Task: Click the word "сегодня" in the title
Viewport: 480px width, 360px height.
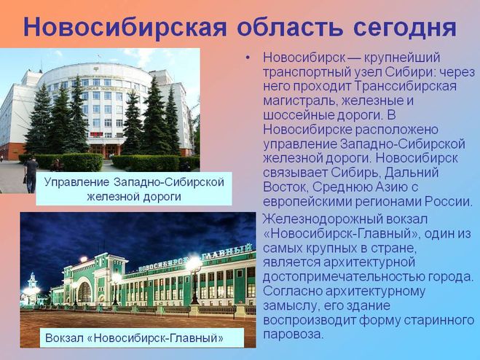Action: click(405, 27)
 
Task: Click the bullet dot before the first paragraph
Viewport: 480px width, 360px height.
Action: click(248, 58)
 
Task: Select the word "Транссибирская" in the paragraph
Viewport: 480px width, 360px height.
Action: click(406, 87)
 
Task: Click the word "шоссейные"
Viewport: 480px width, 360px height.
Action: click(299, 115)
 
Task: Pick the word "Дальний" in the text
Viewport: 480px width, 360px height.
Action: click(412, 173)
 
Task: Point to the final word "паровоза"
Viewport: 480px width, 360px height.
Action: click(294, 334)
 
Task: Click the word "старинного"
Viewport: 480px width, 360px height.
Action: click(439, 321)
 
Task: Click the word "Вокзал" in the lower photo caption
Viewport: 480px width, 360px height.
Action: click(64, 338)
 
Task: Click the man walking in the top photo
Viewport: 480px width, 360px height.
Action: click(31, 175)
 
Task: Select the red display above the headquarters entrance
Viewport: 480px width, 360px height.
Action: click(96, 134)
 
